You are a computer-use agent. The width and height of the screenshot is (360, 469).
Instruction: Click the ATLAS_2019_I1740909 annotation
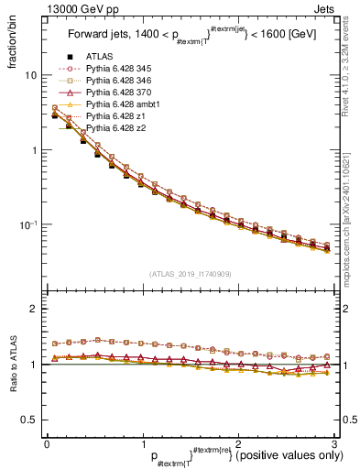189,274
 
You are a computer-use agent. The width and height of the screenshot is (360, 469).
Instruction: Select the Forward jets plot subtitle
189,37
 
